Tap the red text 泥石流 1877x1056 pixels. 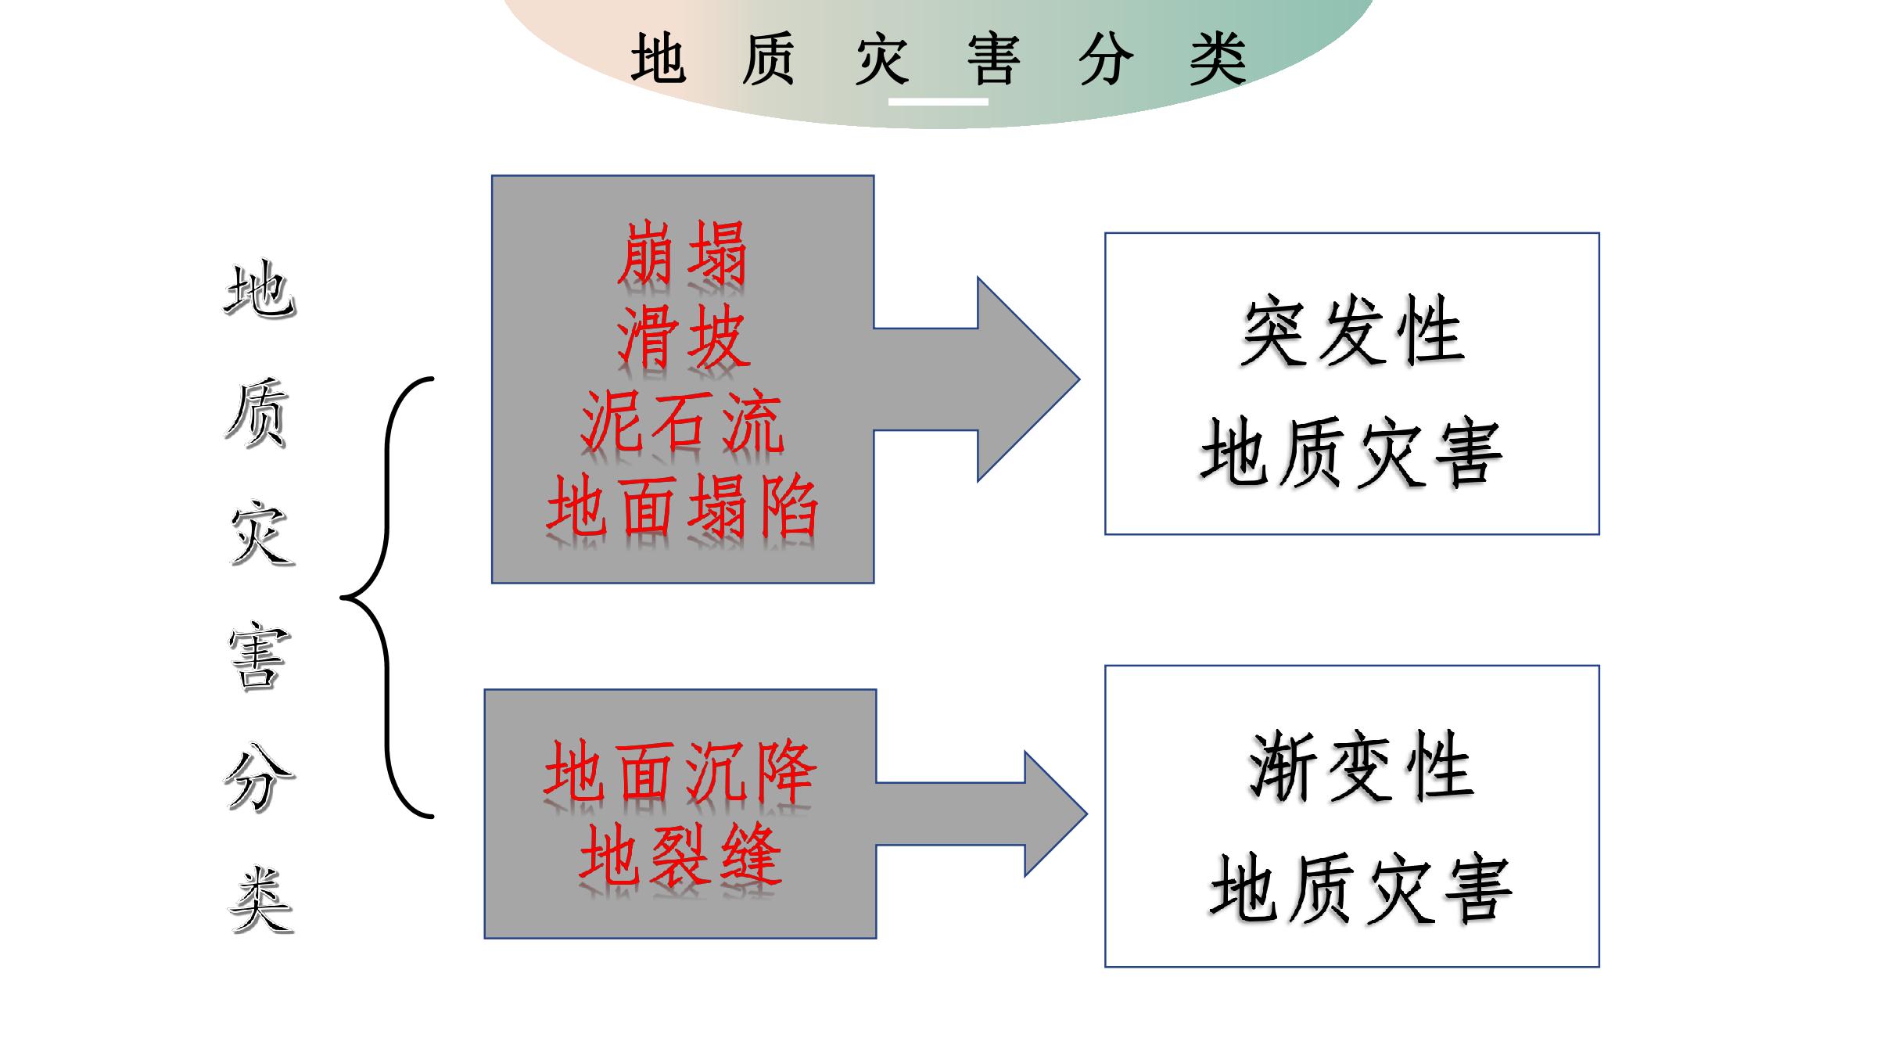coord(681,422)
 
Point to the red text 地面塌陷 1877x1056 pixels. coord(682,506)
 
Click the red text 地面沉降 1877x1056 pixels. coord(680,772)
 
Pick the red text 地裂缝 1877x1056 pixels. coord(680,855)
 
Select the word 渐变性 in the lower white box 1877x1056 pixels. coord(1360,766)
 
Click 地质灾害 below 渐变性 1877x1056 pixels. coord(1360,888)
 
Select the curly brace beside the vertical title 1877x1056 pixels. coord(387,598)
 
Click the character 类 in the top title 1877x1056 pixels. coord(1217,59)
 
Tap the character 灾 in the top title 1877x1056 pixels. coord(882,59)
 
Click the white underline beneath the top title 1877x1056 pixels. coord(938,102)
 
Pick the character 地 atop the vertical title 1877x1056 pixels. coord(260,289)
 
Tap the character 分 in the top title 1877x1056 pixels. coord(1105,59)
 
